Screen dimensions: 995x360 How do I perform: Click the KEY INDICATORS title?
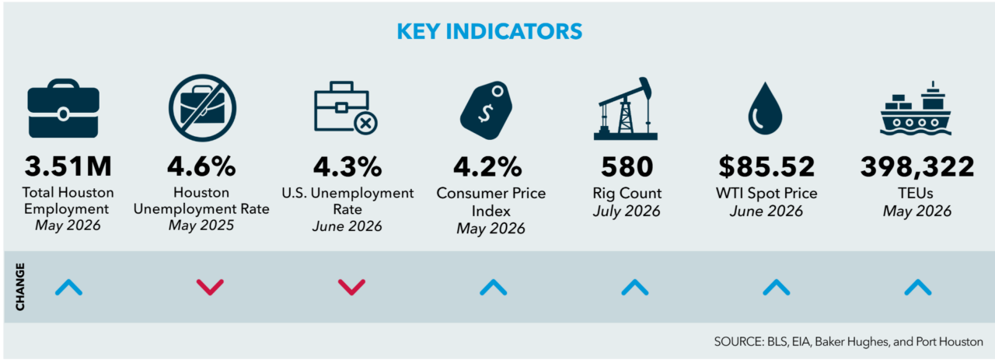click(489, 31)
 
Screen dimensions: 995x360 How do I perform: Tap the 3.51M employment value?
click(68, 166)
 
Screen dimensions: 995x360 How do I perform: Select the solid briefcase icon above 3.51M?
click(64, 108)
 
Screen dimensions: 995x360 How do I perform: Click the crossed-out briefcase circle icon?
click(203, 108)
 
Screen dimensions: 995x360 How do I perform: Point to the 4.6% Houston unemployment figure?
click(201, 166)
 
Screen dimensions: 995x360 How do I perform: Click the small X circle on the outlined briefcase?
click(365, 123)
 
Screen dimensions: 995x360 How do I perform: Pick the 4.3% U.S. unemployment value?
click(347, 166)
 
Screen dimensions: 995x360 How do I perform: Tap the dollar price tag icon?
click(487, 110)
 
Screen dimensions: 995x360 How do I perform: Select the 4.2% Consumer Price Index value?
click(487, 166)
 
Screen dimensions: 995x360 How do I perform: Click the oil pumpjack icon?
click(625, 110)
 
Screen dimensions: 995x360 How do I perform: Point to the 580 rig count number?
click(627, 166)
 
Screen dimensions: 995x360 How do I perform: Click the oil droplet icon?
click(765, 108)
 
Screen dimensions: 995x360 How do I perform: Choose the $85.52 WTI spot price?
click(766, 166)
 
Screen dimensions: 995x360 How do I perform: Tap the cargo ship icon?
click(916, 108)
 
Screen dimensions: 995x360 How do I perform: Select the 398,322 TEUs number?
click(917, 167)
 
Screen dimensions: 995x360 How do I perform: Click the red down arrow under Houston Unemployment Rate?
click(210, 287)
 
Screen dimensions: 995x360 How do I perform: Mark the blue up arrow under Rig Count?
click(635, 287)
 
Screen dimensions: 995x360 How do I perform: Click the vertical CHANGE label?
click(20, 287)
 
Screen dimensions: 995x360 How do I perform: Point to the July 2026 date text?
click(627, 211)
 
